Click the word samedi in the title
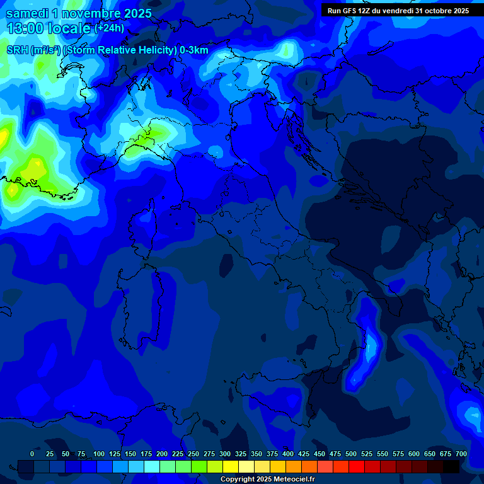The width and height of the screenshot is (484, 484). (29, 12)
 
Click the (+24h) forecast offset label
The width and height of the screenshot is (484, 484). (109, 28)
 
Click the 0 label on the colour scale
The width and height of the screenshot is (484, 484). (32, 454)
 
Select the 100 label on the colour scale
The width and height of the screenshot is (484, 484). (99, 454)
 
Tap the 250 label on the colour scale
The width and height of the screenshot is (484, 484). (193, 454)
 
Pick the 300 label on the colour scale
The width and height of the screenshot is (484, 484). (225, 454)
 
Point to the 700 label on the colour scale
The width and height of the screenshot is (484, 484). (461, 454)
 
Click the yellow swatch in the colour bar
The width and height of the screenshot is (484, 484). (231, 466)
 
